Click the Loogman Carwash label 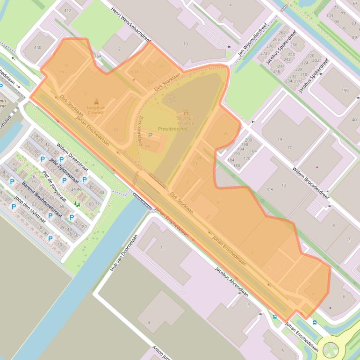tap(96, 110)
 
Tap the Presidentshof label tap(173, 129)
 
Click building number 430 tap(37, 47)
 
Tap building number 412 tap(68, 10)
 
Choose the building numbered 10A tap(269, 189)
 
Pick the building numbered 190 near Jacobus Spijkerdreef tap(345, 90)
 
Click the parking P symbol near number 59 tap(150, 135)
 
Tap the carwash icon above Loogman tap(96, 101)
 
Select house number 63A tap(135, 72)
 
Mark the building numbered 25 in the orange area tap(226, 134)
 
